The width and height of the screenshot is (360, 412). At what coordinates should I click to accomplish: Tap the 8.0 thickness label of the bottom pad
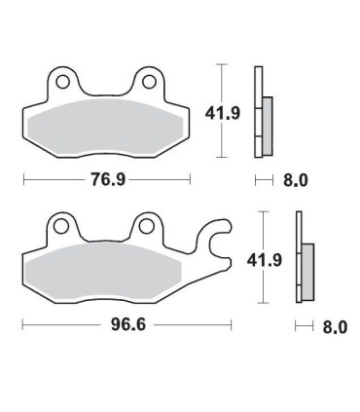[x=334, y=326]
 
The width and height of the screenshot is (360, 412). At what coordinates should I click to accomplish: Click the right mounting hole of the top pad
[x=148, y=80]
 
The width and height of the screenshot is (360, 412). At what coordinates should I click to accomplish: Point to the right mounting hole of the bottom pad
[x=148, y=227]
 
